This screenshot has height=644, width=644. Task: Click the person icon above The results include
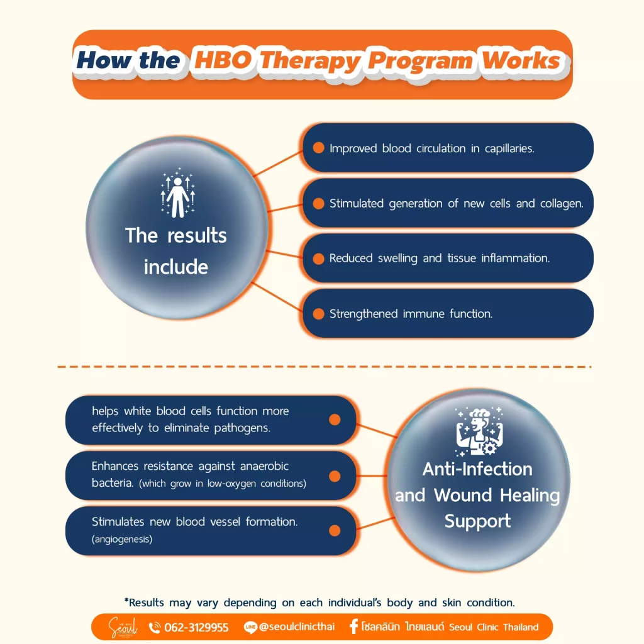(177, 192)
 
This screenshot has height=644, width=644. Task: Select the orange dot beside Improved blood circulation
(318, 148)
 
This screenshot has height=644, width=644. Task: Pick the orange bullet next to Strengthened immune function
(318, 314)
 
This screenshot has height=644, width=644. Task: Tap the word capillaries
(509, 148)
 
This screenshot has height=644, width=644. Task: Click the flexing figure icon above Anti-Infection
(479, 431)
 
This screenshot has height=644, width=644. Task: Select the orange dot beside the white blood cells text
(335, 419)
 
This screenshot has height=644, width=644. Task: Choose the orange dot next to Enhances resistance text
(335, 476)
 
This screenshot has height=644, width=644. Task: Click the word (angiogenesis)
(122, 539)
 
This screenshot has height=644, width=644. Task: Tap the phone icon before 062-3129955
(155, 628)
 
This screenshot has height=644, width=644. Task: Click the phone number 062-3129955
(196, 628)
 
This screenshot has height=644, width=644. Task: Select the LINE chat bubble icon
(250, 627)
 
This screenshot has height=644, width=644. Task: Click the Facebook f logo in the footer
(353, 626)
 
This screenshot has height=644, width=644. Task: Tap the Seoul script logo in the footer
(123, 627)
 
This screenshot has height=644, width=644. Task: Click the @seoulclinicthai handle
(297, 627)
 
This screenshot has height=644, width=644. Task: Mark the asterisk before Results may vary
(126, 600)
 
